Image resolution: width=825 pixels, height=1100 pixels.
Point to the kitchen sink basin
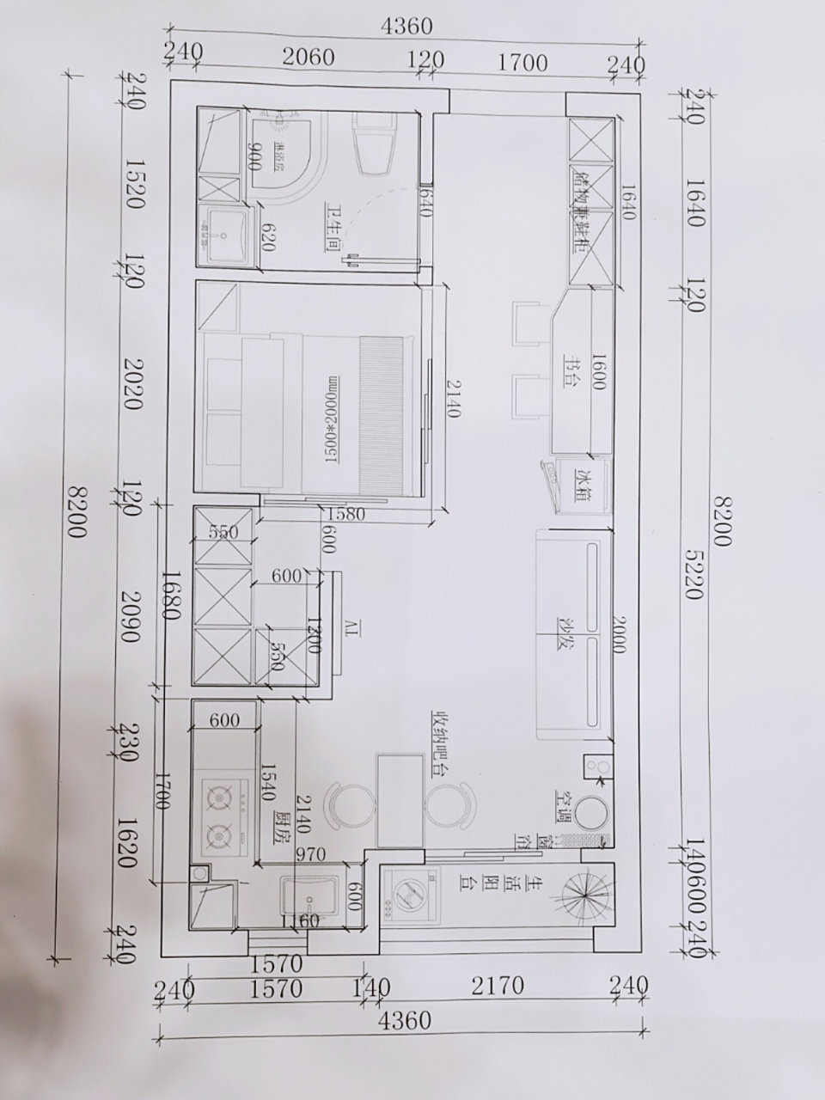tap(310, 899)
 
